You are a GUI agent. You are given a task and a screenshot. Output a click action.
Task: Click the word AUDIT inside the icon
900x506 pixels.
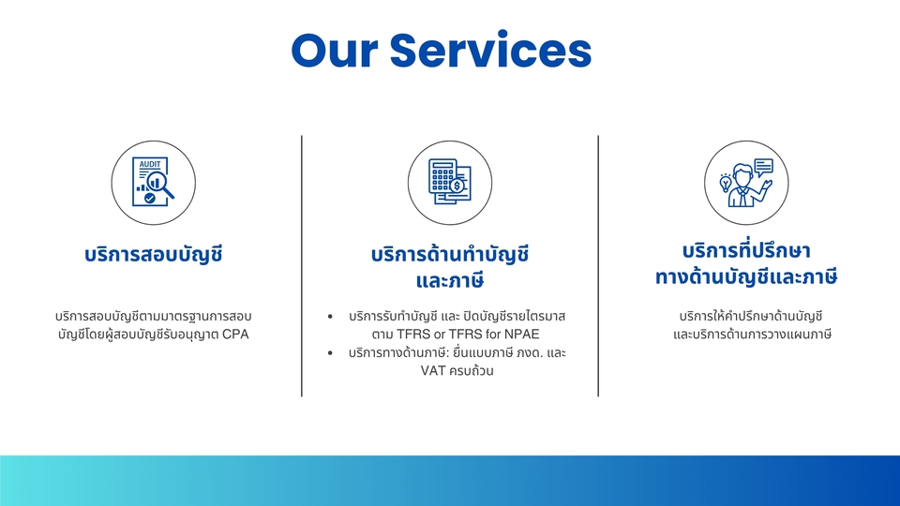tap(150, 164)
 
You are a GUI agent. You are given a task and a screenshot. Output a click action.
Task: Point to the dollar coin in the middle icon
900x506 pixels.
tap(457, 186)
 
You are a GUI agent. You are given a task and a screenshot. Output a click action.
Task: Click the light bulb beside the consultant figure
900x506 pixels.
tap(725, 182)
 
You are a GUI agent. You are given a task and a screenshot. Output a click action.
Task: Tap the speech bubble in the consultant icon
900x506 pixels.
tap(763, 167)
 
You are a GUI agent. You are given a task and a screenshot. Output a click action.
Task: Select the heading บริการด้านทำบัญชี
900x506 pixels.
tap(450, 254)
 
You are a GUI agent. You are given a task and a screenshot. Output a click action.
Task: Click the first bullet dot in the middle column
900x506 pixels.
tap(331, 317)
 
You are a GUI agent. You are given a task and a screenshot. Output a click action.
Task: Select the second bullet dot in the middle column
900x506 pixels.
tap(331, 353)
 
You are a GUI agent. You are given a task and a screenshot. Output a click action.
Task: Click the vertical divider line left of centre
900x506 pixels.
tap(302, 266)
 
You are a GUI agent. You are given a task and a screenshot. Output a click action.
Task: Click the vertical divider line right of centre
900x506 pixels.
tap(598, 266)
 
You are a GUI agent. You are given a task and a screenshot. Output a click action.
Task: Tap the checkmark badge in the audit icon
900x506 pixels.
tap(149, 200)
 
